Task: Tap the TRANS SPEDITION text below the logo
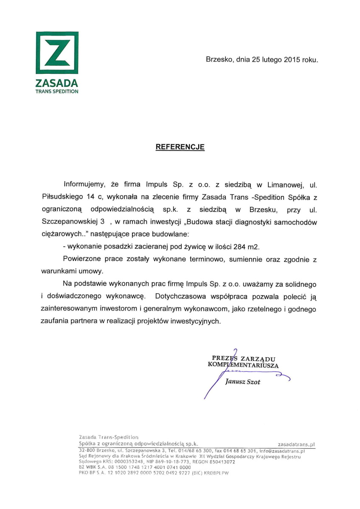coord(57,91)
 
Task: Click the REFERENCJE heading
coord(180,147)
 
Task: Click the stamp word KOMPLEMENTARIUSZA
coord(243,365)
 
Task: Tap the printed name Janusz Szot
coord(243,382)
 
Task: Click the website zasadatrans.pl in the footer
coord(295,444)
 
